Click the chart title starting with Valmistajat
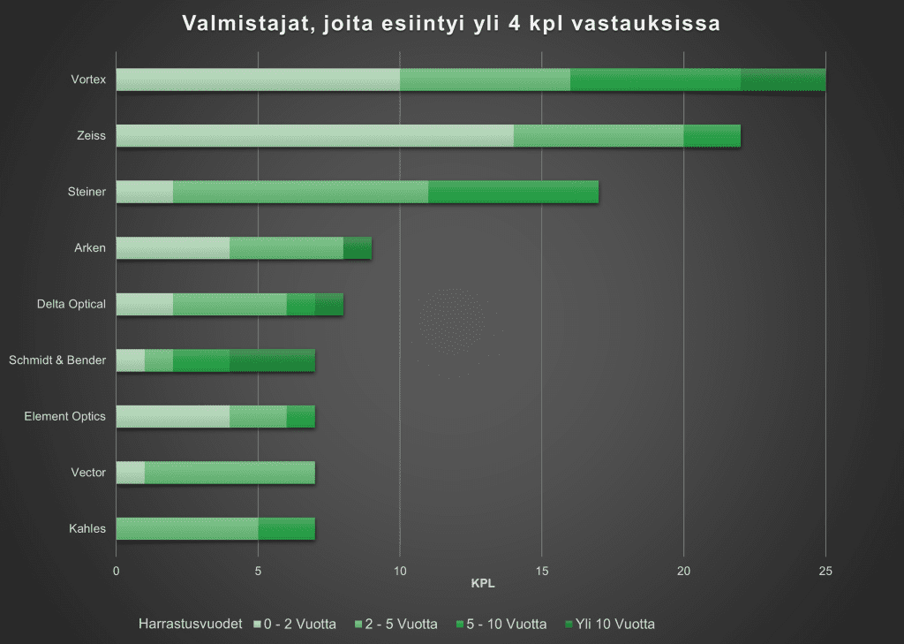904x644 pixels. (x=451, y=24)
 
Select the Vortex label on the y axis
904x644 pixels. (x=88, y=80)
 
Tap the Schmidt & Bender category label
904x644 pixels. (x=57, y=360)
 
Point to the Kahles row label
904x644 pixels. (x=87, y=529)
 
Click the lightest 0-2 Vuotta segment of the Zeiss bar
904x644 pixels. (x=314, y=136)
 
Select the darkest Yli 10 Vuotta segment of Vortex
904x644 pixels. (x=783, y=80)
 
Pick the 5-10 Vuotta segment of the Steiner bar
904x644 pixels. (x=513, y=192)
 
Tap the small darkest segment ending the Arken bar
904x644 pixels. (x=358, y=248)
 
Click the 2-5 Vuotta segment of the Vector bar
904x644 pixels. (x=230, y=473)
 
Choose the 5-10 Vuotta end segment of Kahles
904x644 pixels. (x=286, y=529)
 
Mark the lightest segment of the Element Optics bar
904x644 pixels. (x=173, y=416)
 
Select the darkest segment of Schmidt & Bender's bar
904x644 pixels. (x=272, y=360)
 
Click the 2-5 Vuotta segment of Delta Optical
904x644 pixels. (x=230, y=304)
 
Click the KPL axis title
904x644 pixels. (x=483, y=584)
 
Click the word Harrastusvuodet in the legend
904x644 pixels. (x=190, y=624)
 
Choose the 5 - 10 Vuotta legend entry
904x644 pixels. (x=502, y=624)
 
